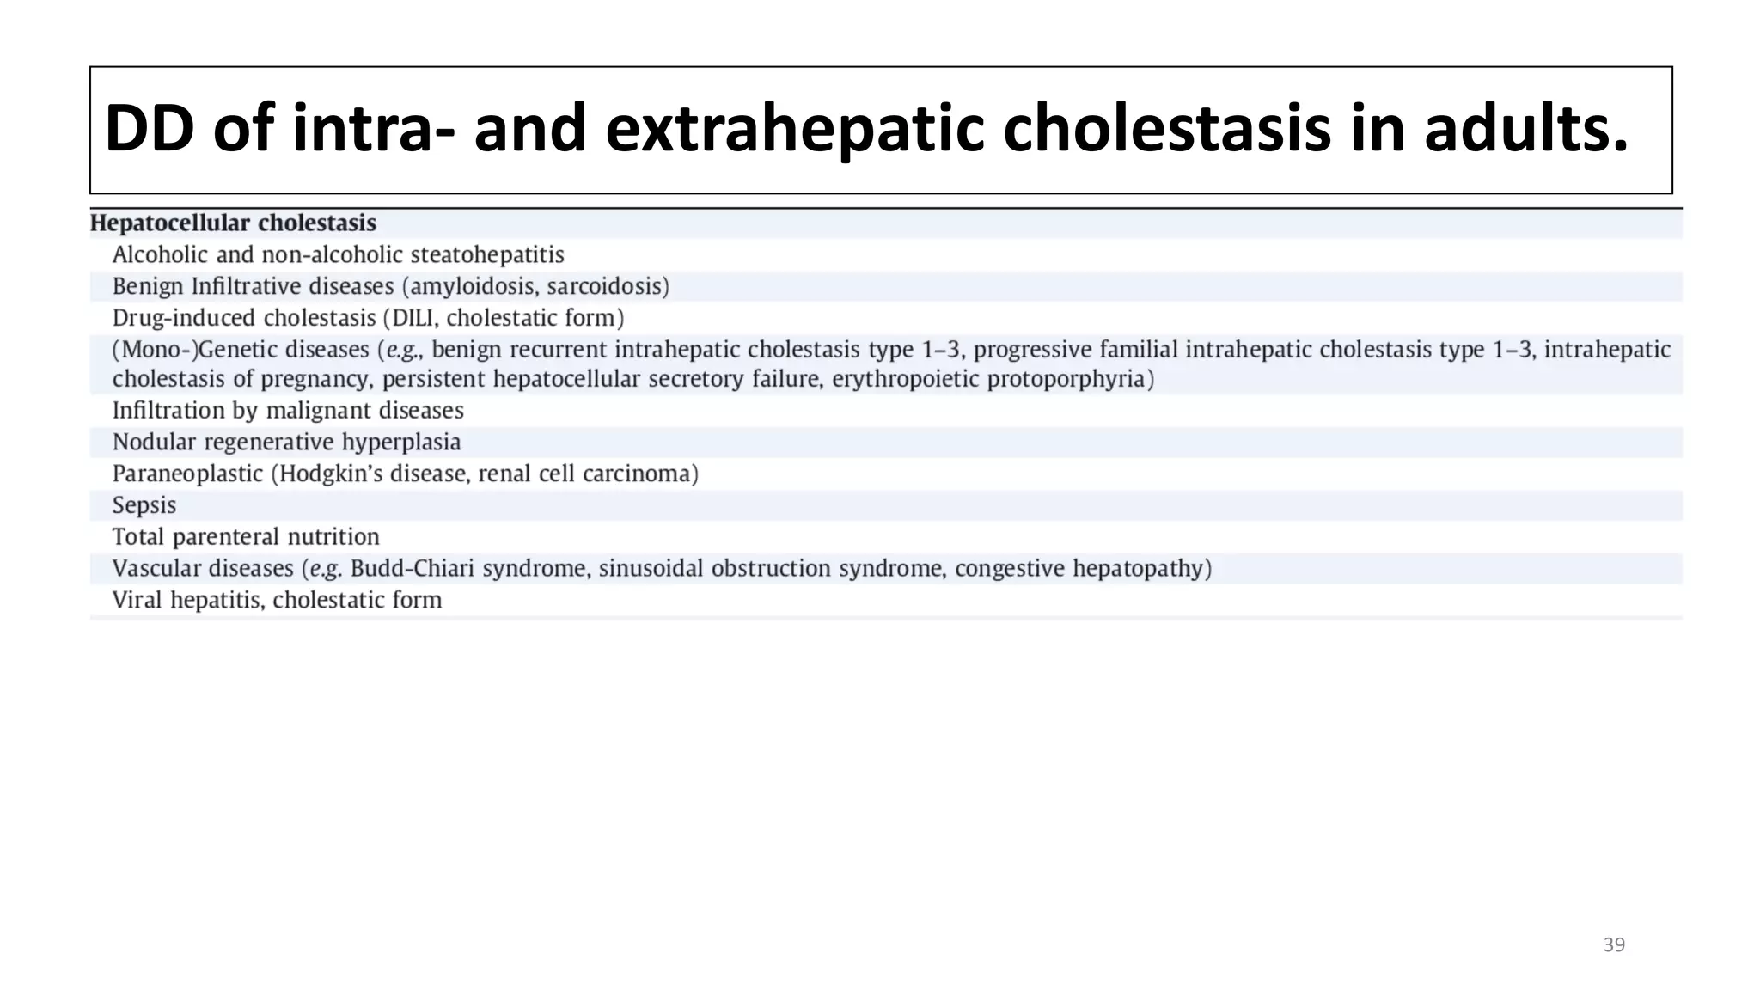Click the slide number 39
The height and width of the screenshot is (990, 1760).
pos(1614,945)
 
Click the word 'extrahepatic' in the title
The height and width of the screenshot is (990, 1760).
pos(794,129)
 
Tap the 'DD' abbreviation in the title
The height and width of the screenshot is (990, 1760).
pos(148,129)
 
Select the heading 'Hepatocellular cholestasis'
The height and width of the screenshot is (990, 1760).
pos(233,223)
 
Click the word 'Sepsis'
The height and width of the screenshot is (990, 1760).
pos(144,505)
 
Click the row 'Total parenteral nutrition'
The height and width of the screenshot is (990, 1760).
pos(246,537)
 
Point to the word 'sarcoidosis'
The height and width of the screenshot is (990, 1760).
pos(604,286)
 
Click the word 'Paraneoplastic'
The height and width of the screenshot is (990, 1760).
pos(187,474)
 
